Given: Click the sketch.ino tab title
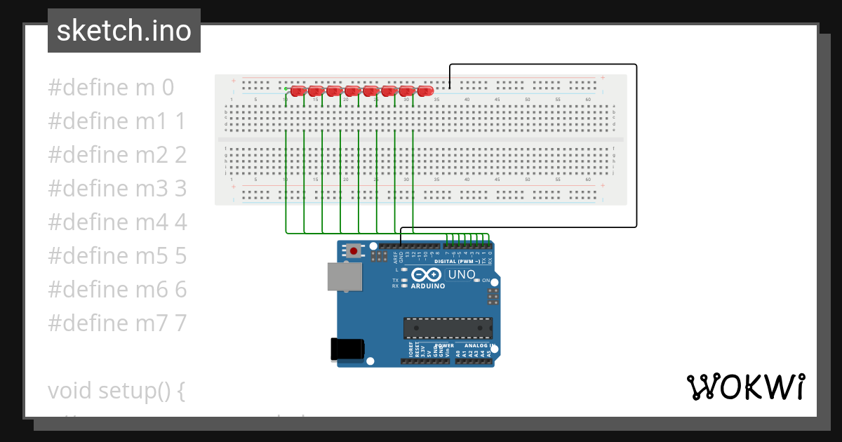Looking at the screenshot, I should tap(124, 31).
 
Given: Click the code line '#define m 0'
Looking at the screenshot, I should tap(111, 88).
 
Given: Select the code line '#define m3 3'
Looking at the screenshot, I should tap(117, 188).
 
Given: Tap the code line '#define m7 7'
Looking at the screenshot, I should tap(117, 323).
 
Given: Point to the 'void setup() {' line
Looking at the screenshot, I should tap(116, 390).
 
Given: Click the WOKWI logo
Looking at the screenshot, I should tap(745, 387).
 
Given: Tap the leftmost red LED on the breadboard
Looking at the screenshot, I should tap(298, 91).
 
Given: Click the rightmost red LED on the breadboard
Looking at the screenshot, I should tap(425, 91).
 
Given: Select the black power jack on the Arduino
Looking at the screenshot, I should tap(347, 349).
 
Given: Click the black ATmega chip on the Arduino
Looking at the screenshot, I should tap(447, 328).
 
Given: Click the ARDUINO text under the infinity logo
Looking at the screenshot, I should tap(427, 286).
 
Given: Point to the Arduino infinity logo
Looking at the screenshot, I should tap(427, 274).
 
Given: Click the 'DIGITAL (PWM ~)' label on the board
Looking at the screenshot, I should tap(457, 261).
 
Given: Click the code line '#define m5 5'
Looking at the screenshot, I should tap(117, 255).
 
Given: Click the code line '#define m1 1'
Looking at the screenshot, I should tap(117, 121).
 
